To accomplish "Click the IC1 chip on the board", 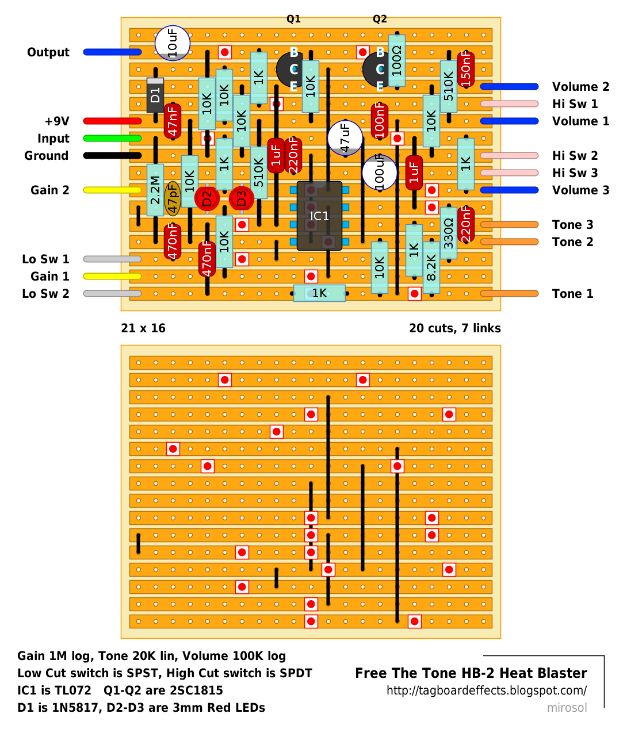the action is tap(319, 216).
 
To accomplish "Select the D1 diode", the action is tap(155, 95).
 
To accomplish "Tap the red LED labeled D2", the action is tap(207, 198).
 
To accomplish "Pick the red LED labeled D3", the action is tap(242, 198).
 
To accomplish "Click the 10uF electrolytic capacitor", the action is tap(173, 43).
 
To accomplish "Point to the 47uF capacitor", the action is tap(345, 138).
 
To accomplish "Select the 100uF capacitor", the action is tap(380, 172).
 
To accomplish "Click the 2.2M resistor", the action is tap(155, 190).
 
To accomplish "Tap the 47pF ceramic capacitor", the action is tap(173, 198).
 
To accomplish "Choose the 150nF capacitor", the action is tap(466, 69).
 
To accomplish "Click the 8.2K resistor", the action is tap(431, 267).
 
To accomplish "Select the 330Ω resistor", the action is tap(449, 233).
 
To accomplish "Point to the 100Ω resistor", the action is tap(396, 60).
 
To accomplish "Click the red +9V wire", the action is tap(113, 121).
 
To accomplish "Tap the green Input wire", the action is tap(113, 138).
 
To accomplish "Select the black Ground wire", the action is tap(113, 156).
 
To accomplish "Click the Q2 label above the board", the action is tap(380, 19).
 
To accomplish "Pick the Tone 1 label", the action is tap(572, 293).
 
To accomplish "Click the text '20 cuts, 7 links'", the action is tap(454, 328).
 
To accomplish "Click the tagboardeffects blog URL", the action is tap(487, 690).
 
